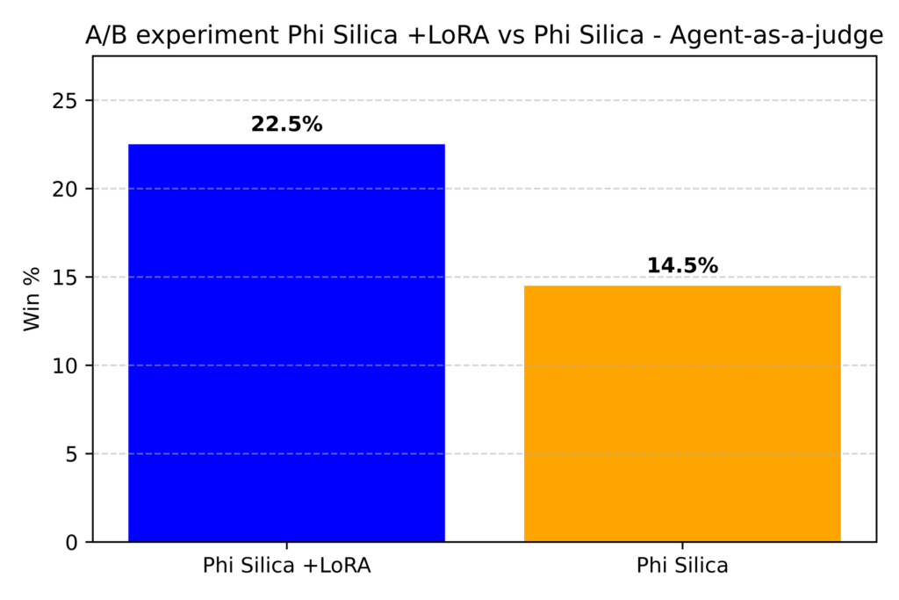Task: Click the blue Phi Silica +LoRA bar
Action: point(286,343)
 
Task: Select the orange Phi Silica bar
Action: point(682,413)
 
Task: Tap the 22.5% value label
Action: point(286,125)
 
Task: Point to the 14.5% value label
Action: point(682,265)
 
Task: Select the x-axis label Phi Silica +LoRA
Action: point(286,567)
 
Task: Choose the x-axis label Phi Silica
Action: point(682,567)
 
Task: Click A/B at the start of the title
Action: point(104,37)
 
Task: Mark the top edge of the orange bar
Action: point(682,286)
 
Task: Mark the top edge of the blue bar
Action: point(286,145)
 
